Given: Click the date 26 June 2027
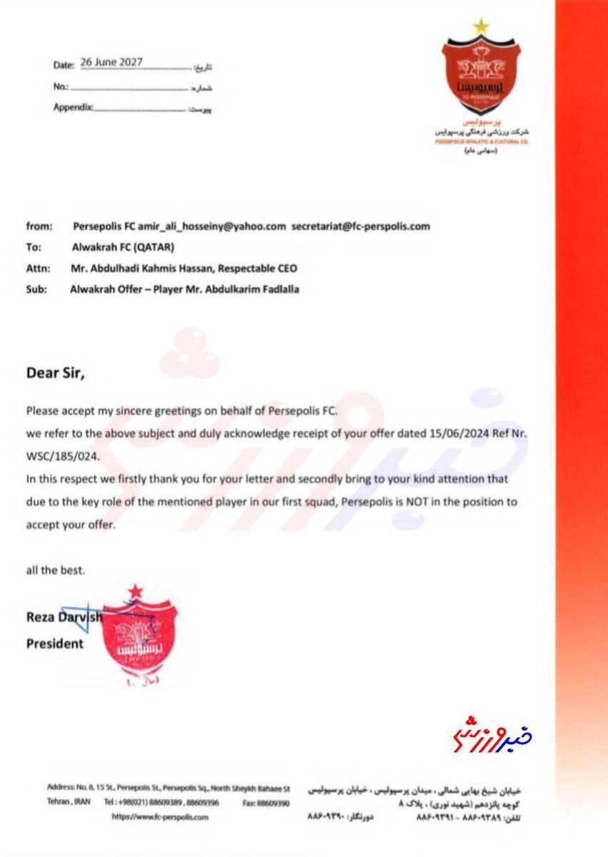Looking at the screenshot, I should (x=111, y=62).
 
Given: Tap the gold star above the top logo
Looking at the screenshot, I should (x=481, y=26).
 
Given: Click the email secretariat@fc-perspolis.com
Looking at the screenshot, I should (x=361, y=226).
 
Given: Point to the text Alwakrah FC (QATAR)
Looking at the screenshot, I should (x=123, y=247).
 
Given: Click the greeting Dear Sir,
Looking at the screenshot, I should (x=59, y=371).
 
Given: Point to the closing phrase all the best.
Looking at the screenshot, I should (x=56, y=571).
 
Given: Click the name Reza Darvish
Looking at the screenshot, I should (x=64, y=618).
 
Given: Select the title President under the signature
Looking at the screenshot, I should (x=55, y=643).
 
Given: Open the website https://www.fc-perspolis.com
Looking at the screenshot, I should (x=161, y=817).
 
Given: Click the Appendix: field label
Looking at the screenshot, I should (x=73, y=108).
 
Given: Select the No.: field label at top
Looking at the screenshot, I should (x=61, y=86).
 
